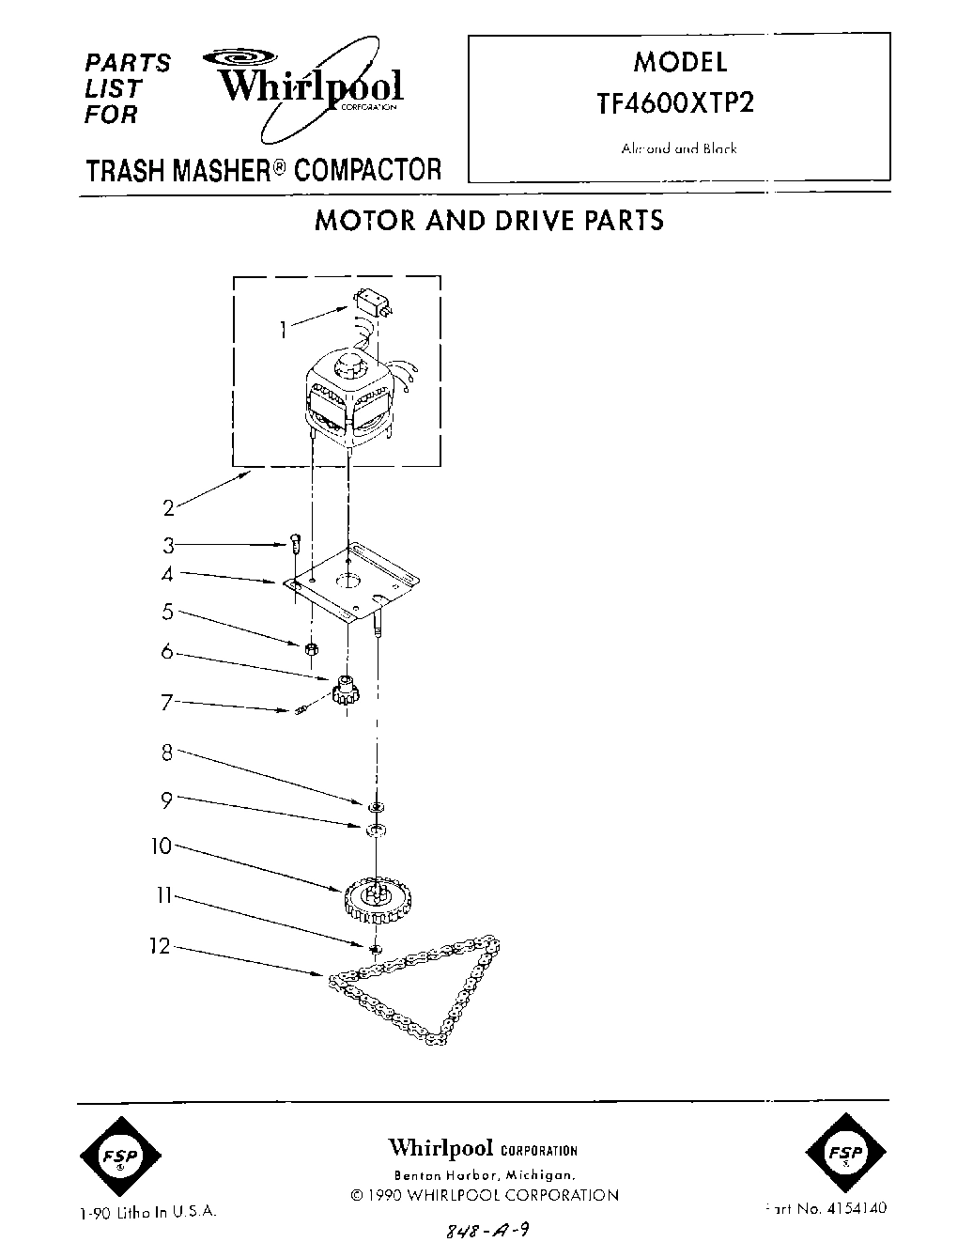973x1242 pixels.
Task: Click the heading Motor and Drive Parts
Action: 488,220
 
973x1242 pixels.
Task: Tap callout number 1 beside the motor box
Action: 283,329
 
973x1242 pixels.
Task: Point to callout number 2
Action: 168,508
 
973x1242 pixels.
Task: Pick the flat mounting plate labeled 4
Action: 351,584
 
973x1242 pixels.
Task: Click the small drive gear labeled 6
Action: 346,693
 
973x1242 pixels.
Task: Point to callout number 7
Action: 166,701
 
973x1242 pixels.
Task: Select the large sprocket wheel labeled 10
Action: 375,900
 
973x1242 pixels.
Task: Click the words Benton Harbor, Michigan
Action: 483,1175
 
